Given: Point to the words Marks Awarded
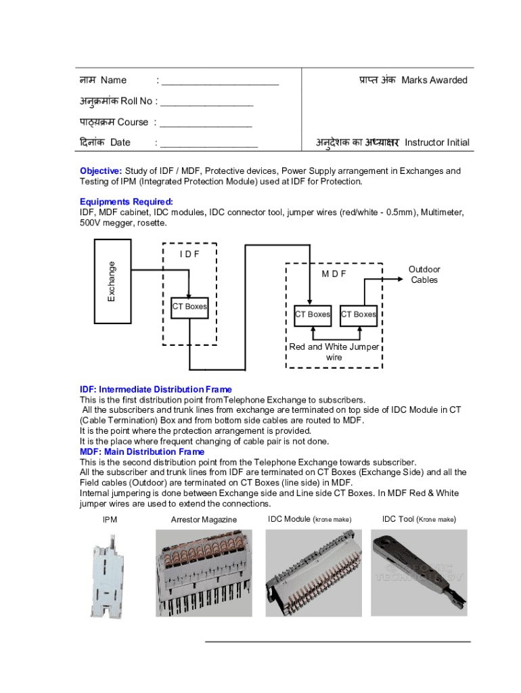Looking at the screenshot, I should (434, 81).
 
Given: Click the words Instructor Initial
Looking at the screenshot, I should (436, 143).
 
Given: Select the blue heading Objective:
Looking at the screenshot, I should (101, 171).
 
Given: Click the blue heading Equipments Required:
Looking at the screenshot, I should (127, 202).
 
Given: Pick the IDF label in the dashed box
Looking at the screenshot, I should (189, 254).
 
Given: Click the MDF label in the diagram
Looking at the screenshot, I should (334, 273).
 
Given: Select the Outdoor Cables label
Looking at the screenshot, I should (424, 275).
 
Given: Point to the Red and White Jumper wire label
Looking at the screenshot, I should (334, 352).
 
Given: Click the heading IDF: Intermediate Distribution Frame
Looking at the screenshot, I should (156, 389).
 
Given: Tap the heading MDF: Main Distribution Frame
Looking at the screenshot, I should (142, 451).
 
